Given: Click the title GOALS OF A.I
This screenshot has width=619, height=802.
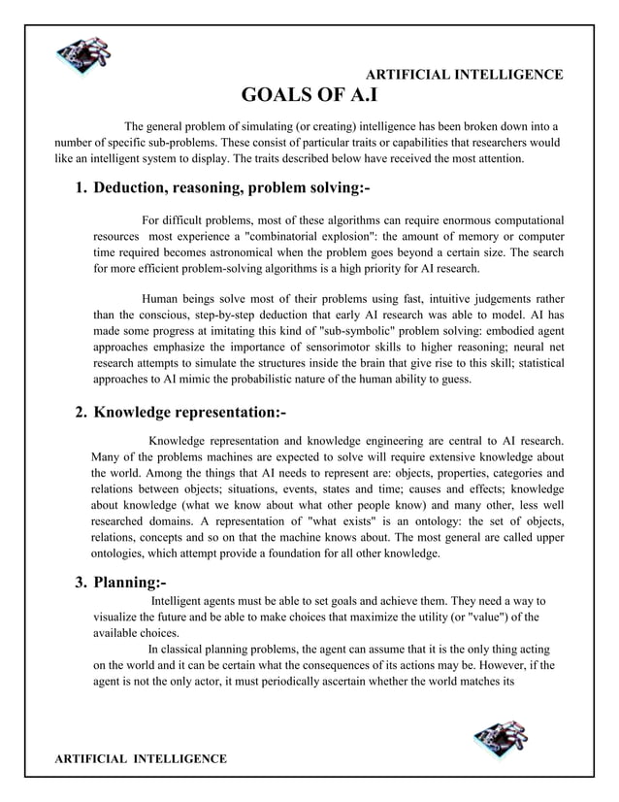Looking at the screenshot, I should point(309,95).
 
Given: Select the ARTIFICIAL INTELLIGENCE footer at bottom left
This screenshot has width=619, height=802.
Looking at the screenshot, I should point(141,757).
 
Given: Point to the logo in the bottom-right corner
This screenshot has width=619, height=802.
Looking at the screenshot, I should point(500,738).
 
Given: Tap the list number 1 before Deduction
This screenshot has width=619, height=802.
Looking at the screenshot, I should point(81,187).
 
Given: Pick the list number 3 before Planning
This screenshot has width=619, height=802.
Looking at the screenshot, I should point(81,583).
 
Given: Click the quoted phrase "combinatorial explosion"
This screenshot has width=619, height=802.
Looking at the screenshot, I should point(317,236).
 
